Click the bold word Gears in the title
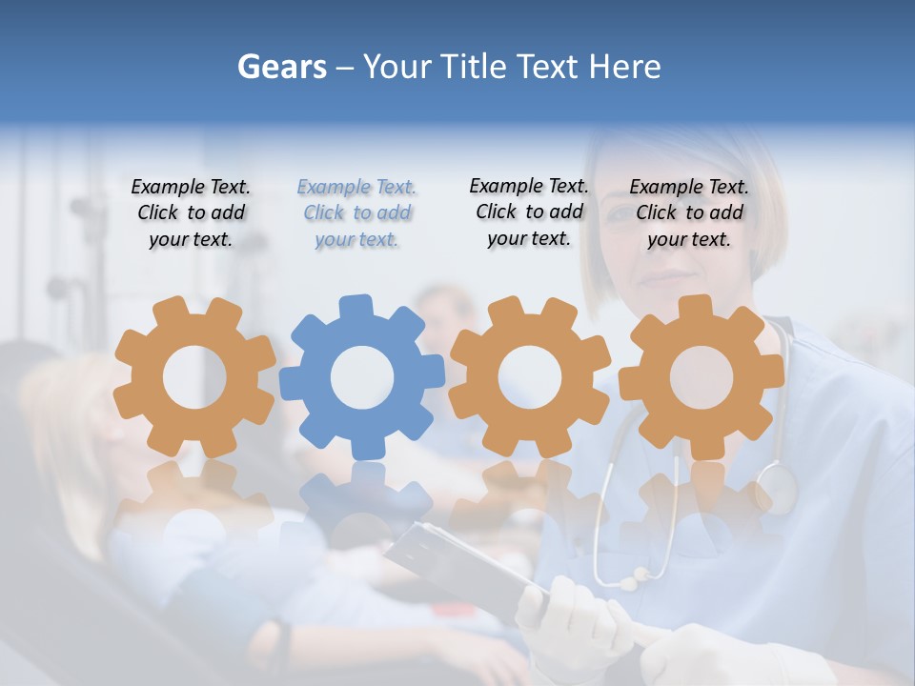tap(281, 67)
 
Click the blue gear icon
tap(361, 376)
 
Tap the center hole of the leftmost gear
tap(194, 377)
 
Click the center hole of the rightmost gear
tap(701, 377)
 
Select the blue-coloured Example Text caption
tap(356, 213)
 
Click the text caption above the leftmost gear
tap(191, 213)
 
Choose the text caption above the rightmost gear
tap(689, 213)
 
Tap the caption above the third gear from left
tap(529, 212)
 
